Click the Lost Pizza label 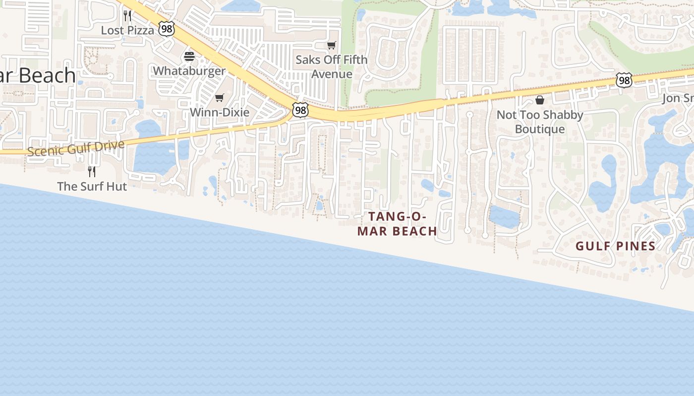pyautogui.click(x=127, y=30)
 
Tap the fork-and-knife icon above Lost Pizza pyautogui.click(x=127, y=15)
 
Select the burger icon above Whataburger pyautogui.click(x=189, y=56)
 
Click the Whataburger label pyautogui.click(x=189, y=71)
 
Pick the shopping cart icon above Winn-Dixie pyautogui.click(x=220, y=98)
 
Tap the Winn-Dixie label pyautogui.click(x=220, y=112)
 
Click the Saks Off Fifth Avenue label pyautogui.click(x=332, y=67)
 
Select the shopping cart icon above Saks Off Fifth pyautogui.click(x=332, y=46)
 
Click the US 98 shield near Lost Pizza pyautogui.click(x=167, y=29)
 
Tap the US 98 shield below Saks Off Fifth pyautogui.click(x=300, y=110)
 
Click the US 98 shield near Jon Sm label pyautogui.click(x=624, y=80)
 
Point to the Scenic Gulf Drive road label pyautogui.click(x=75, y=148)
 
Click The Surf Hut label pyautogui.click(x=92, y=187)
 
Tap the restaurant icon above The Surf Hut pyautogui.click(x=92, y=171)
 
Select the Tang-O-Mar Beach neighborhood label pyautogui.click(x=397, y=224)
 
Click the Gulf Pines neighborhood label pyautogui.click(x=615, y=246)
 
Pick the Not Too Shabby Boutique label pyautogui.click(x=540, y=122)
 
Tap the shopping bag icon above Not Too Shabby pyautogui.click(x=540, y=100)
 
